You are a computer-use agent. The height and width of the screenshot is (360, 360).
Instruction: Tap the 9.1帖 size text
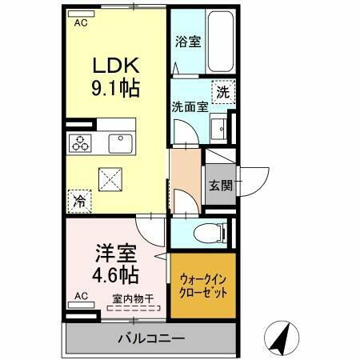(118, 89)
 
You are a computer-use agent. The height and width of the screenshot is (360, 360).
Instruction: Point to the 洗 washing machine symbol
(223, 91)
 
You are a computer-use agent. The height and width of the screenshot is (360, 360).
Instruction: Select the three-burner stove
(80, 145)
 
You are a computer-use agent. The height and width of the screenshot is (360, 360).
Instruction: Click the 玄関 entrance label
(220, 186)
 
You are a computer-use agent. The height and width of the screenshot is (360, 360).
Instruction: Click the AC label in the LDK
(80, 22)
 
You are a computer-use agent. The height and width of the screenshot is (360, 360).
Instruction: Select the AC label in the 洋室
(80, 296)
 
